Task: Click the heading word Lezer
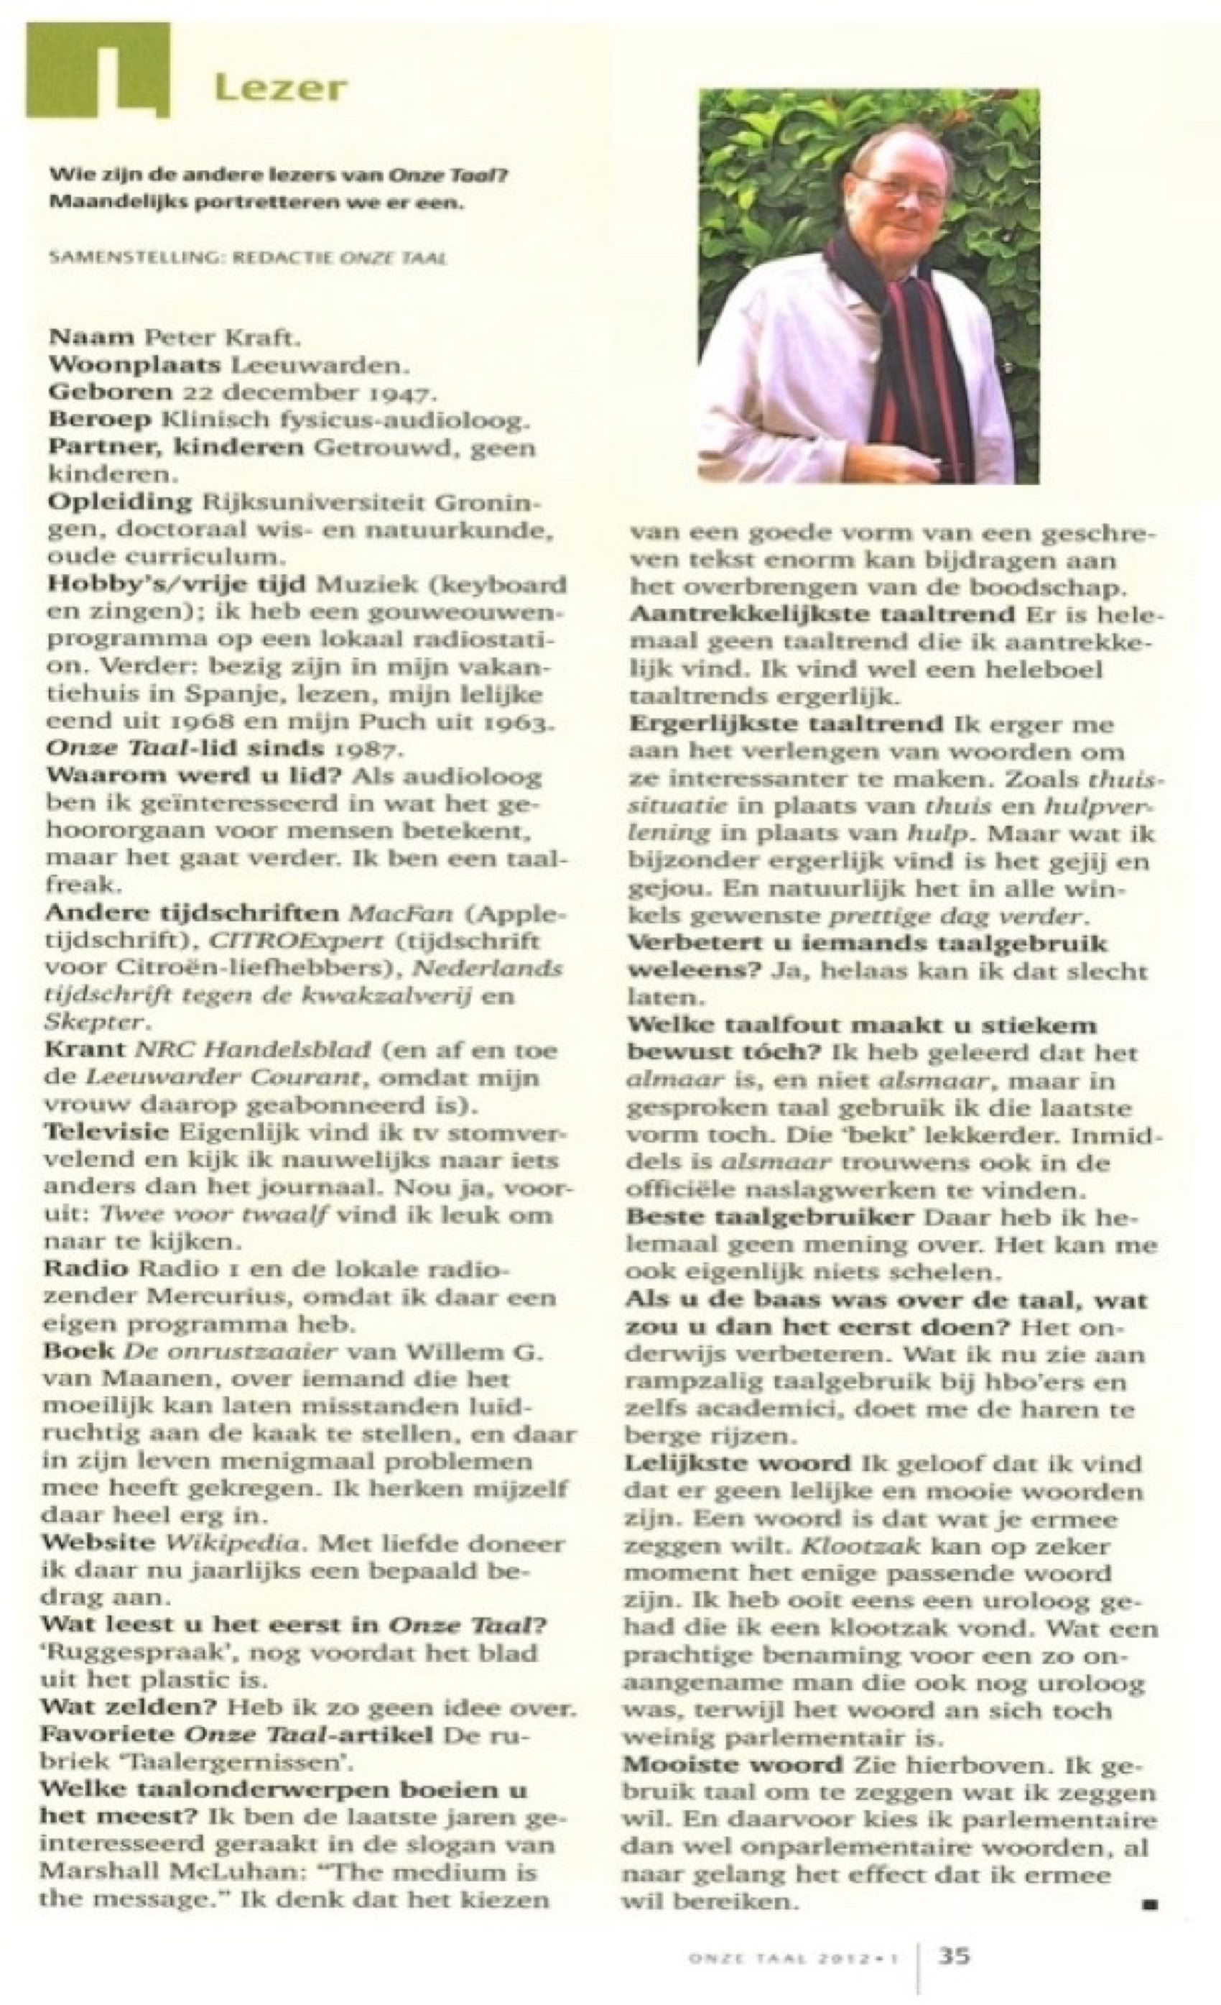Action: (281, 87)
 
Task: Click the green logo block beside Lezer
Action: (98, 68)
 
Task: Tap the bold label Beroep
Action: (99, 420)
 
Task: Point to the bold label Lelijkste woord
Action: (738, 1463)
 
